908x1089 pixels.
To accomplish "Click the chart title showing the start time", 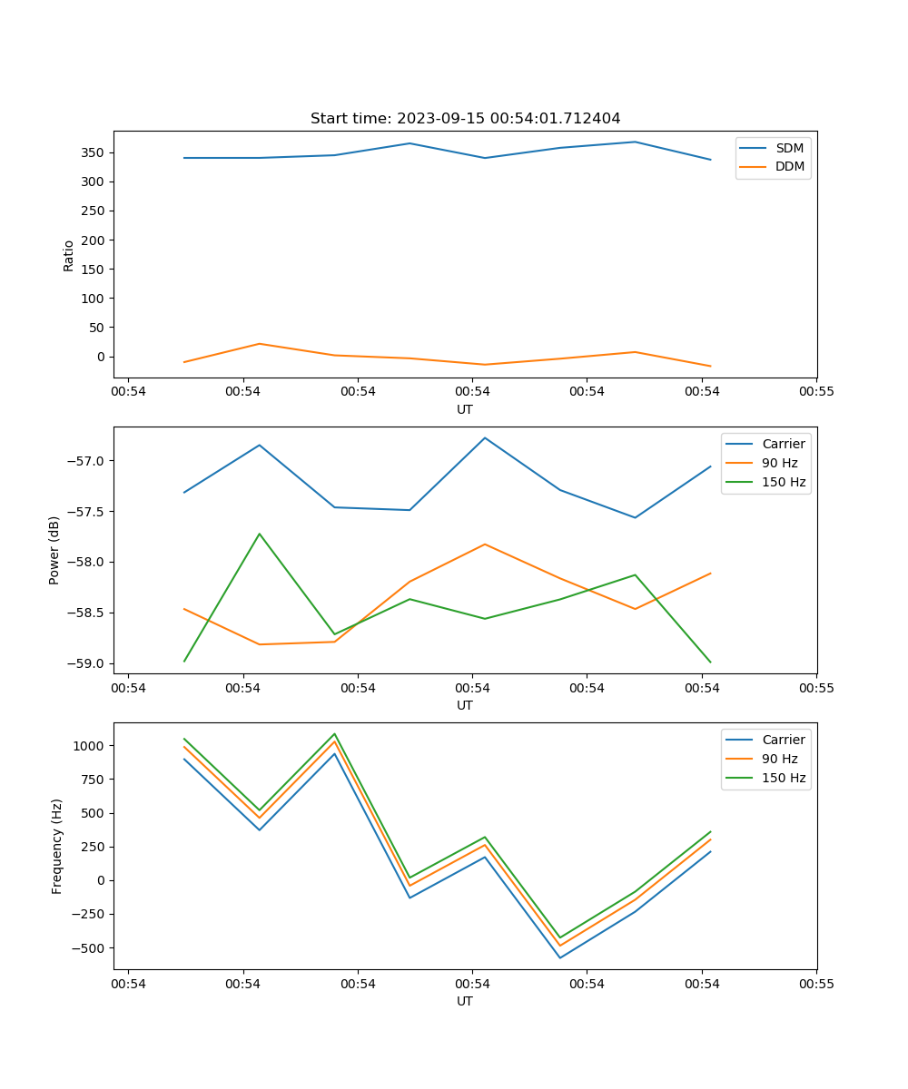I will [465, 119].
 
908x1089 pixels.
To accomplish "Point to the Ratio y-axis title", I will [69, 255].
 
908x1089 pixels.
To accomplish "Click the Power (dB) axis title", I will [54, 550].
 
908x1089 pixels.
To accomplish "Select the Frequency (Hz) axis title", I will [57, 846].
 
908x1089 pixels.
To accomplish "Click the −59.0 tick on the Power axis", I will [88, 663].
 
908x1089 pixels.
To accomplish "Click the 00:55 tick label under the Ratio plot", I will [816, 392].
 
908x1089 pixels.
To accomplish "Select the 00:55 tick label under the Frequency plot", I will [816, 984].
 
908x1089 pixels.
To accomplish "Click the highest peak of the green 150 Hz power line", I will [260, 534].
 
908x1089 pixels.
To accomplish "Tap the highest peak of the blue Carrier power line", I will [485, 437].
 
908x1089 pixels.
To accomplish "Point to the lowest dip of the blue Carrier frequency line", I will [559, 957].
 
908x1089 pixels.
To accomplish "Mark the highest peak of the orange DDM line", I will [260, 344].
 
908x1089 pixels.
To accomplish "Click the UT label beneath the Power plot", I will [465, 705].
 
